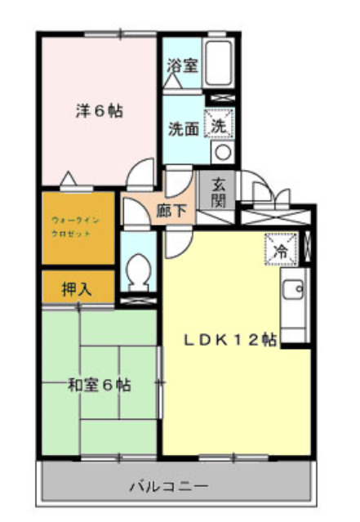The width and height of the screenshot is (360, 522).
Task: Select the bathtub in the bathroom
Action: click(217, 60)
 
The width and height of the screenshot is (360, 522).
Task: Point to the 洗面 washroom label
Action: click(182, 128)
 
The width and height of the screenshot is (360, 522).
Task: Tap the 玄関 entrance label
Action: click(219, 192)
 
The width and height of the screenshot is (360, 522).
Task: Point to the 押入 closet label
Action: click(76, 288)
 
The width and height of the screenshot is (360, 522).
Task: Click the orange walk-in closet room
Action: click(78, 228)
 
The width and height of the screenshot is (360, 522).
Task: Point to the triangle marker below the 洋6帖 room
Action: click(70, 179)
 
